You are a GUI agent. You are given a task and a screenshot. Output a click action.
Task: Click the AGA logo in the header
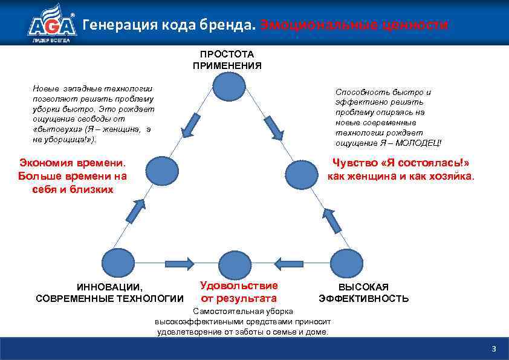(51, 24)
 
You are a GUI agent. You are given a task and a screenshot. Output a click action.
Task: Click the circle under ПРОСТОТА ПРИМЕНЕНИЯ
(229, 85)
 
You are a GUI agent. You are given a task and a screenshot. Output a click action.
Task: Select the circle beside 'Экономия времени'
(161, 170)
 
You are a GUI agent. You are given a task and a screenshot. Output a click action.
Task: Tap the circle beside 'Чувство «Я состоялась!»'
(301, 174)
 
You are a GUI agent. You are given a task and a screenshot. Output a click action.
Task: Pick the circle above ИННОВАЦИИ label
(118, 263)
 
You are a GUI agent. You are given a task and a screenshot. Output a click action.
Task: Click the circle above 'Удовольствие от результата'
(235, 264)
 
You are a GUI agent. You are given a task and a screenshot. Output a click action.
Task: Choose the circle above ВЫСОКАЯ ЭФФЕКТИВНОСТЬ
(347, 263)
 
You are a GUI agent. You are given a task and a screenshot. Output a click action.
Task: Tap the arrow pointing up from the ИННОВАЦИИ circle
(137, 211)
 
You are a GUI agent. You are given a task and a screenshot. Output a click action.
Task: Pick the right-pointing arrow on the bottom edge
(179, 263)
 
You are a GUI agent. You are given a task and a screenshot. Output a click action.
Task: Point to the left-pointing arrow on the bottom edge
(288, 263)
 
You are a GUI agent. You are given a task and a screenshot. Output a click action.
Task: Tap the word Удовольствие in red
(239, 286)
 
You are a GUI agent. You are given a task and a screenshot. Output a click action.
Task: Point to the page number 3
(494, 349)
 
